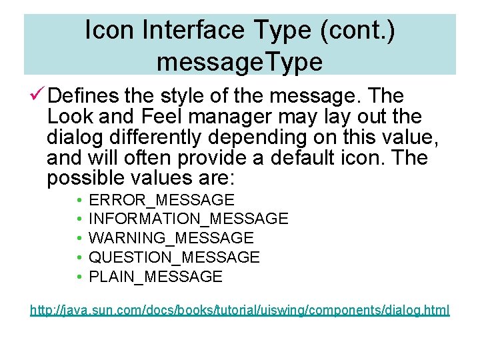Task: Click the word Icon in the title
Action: tap(109, 30)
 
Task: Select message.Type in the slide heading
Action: tap(239, 61)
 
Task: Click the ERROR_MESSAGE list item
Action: tap(161, 200)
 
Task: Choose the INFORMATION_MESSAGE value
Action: tap(188, 219)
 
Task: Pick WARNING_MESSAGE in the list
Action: tap(171, 238)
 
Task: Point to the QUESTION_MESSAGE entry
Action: tap(174, 257)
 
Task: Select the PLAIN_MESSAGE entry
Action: tap(155, 277)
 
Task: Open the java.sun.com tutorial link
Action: tap(239, 310)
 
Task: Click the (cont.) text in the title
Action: tap(359, 30)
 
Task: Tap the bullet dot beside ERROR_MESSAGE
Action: tap(79, 201)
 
